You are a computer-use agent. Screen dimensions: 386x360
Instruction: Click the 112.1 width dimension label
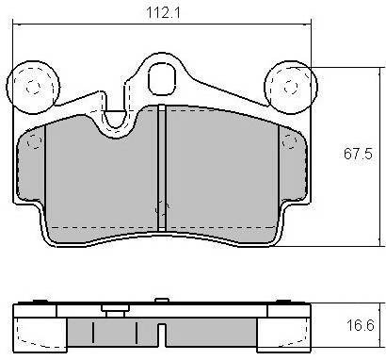(x=163, y=12)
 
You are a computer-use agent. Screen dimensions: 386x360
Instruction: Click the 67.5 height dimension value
(x=358, y=154)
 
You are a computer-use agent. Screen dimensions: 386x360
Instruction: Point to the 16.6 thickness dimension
(x=361, y=325)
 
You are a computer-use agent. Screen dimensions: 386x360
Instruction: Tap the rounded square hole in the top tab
(x=161, y=78)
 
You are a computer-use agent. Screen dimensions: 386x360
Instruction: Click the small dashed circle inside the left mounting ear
(x=33, y=87)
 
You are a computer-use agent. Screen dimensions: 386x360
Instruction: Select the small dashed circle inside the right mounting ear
(x=291, y=87)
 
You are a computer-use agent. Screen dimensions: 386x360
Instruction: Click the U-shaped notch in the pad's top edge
(x=116, y=120)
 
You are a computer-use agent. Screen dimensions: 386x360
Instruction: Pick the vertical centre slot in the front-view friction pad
(x=161, y=168)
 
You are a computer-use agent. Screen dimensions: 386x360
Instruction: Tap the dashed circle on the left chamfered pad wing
(x=34, y=142)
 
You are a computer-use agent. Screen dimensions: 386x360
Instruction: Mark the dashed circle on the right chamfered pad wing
(x=289, y=142)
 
